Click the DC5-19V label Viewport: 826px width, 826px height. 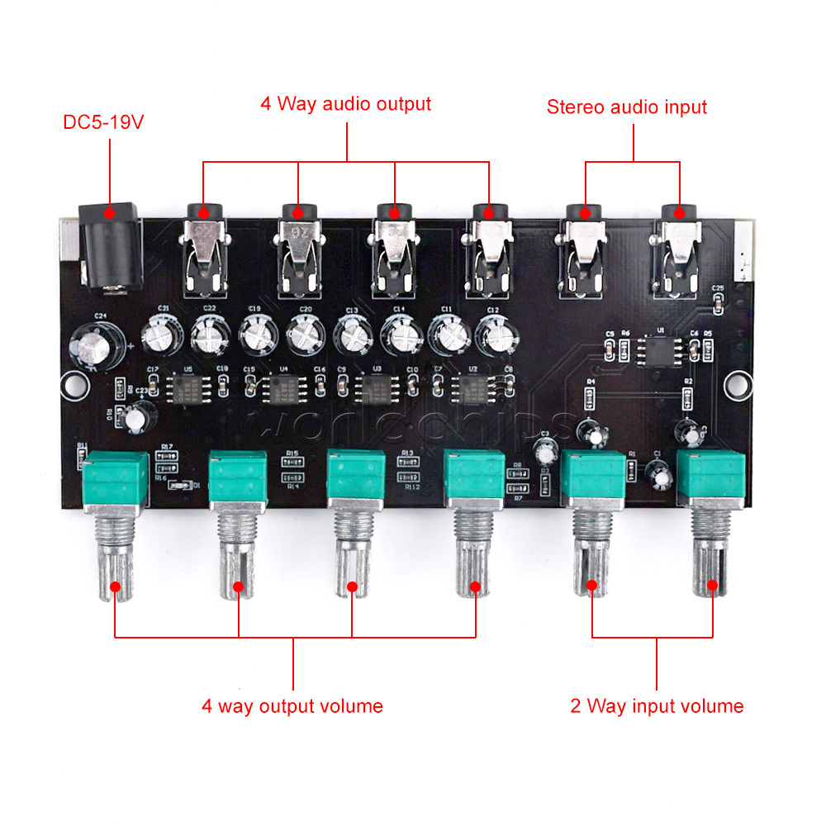point(103,123)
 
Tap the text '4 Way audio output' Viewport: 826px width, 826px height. point(345,104)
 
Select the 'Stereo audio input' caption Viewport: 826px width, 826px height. point(627,107)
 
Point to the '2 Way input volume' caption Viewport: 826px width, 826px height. point(657,706)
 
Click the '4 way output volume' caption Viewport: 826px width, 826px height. point(292,706)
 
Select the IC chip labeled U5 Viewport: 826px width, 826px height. point(187,386)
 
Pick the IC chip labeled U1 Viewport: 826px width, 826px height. point(659,350)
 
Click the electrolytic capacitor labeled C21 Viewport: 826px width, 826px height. point(158,335)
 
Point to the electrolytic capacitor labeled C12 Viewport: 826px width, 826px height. point(494,335)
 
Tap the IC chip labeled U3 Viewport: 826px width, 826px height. point(377,387)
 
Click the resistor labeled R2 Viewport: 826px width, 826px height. point(687,398)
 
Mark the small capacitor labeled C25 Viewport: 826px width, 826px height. point(717,304)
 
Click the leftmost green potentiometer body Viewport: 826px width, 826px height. point(116,481)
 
